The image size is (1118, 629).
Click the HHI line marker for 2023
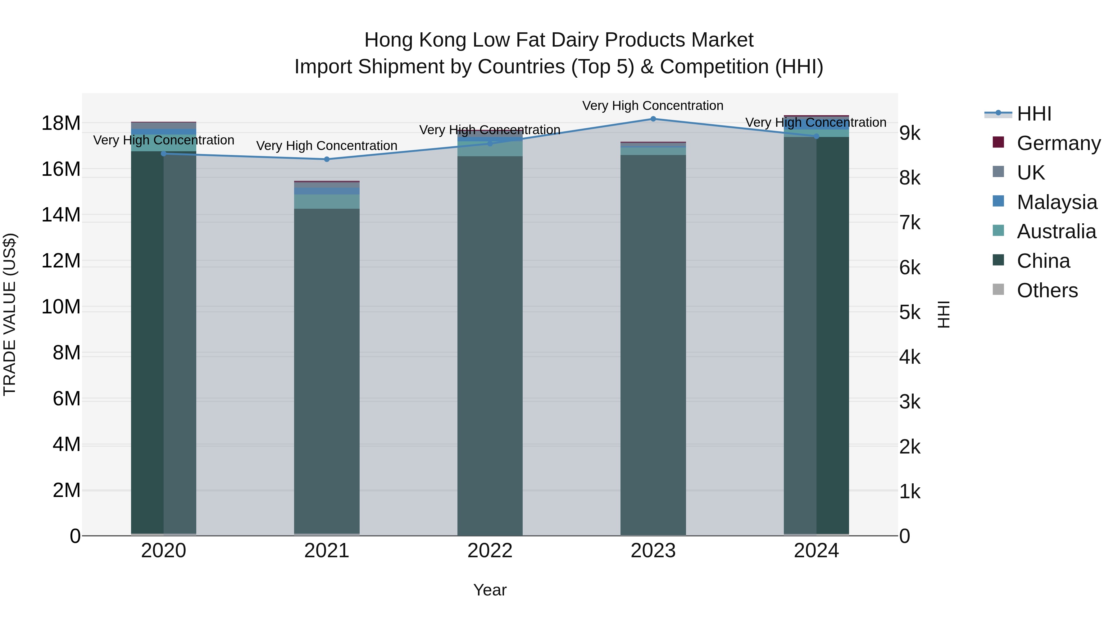coord(653,119)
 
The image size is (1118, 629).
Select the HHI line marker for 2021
coord(327,159)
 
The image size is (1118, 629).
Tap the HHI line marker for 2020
coord(164,154)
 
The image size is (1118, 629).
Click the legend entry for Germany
coord(1058,143)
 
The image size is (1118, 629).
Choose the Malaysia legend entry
coord(1057,202)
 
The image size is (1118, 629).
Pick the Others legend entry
coord(1047,290)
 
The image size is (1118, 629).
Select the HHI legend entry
coord(1034,114)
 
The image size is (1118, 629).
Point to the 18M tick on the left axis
coord(61,123)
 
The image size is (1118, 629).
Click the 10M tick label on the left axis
coord(61,307)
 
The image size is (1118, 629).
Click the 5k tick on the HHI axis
coord(910,312)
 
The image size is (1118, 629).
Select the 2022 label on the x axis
coord(490,551)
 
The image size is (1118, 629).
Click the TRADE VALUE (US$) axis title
coord(10,314)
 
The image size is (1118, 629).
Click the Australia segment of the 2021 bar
coord(327,201)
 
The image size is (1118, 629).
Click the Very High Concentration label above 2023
coord(653,106)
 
